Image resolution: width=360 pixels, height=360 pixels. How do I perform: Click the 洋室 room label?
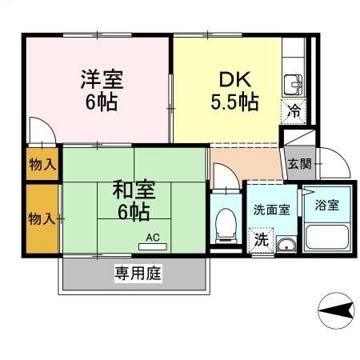tap(102, 79)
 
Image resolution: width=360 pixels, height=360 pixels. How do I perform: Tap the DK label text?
tap(235, 79)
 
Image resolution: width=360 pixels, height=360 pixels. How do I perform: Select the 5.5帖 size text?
tap(235, 102)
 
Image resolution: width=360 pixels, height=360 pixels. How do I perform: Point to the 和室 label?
tap(134, 189)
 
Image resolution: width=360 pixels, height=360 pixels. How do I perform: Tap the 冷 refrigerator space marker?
tap(294, 111)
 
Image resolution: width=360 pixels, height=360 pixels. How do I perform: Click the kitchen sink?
tap(293, 85)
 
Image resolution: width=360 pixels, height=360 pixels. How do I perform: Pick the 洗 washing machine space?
tap(261, 240)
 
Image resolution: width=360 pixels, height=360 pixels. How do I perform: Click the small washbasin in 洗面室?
tap(286, 245)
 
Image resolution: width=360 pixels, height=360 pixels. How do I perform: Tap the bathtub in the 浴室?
tap(327, 237)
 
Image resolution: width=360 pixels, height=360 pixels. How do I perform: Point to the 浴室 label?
tap(327, 205)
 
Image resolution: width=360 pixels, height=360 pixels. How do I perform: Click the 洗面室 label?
tap(271, 210)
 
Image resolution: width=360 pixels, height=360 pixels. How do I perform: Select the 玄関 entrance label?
tap(299, 163)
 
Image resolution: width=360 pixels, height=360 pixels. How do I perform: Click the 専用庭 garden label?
tap(138, 273)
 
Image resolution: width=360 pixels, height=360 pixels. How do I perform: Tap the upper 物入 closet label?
tap(42, 164)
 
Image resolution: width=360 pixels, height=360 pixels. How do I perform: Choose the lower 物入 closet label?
tap(42, 218)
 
